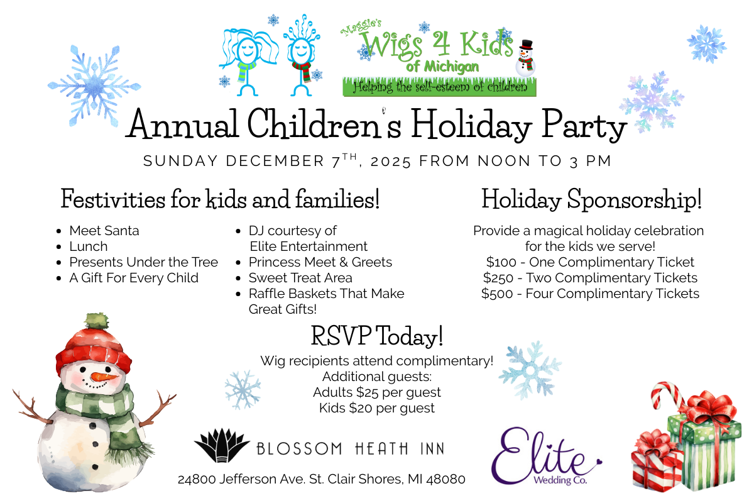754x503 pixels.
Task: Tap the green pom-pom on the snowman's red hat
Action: (x=97, y=321)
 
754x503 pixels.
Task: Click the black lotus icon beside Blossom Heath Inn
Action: (x=222, y=445)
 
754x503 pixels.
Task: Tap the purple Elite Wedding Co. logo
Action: (x=545, y=456)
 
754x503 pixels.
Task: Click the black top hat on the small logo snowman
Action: (x=526, y=45)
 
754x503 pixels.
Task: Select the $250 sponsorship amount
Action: (x=498, y=278)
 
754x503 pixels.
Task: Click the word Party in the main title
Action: (x=584, y=125)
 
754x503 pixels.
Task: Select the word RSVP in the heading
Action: (x=341, y=336)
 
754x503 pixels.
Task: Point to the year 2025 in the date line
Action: (x=390, y=162)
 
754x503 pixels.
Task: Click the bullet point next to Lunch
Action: (x=59, y=247)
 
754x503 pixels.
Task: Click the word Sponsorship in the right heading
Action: (x=635, y=200)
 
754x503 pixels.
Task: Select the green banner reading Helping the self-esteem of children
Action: (x=439, y=87)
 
